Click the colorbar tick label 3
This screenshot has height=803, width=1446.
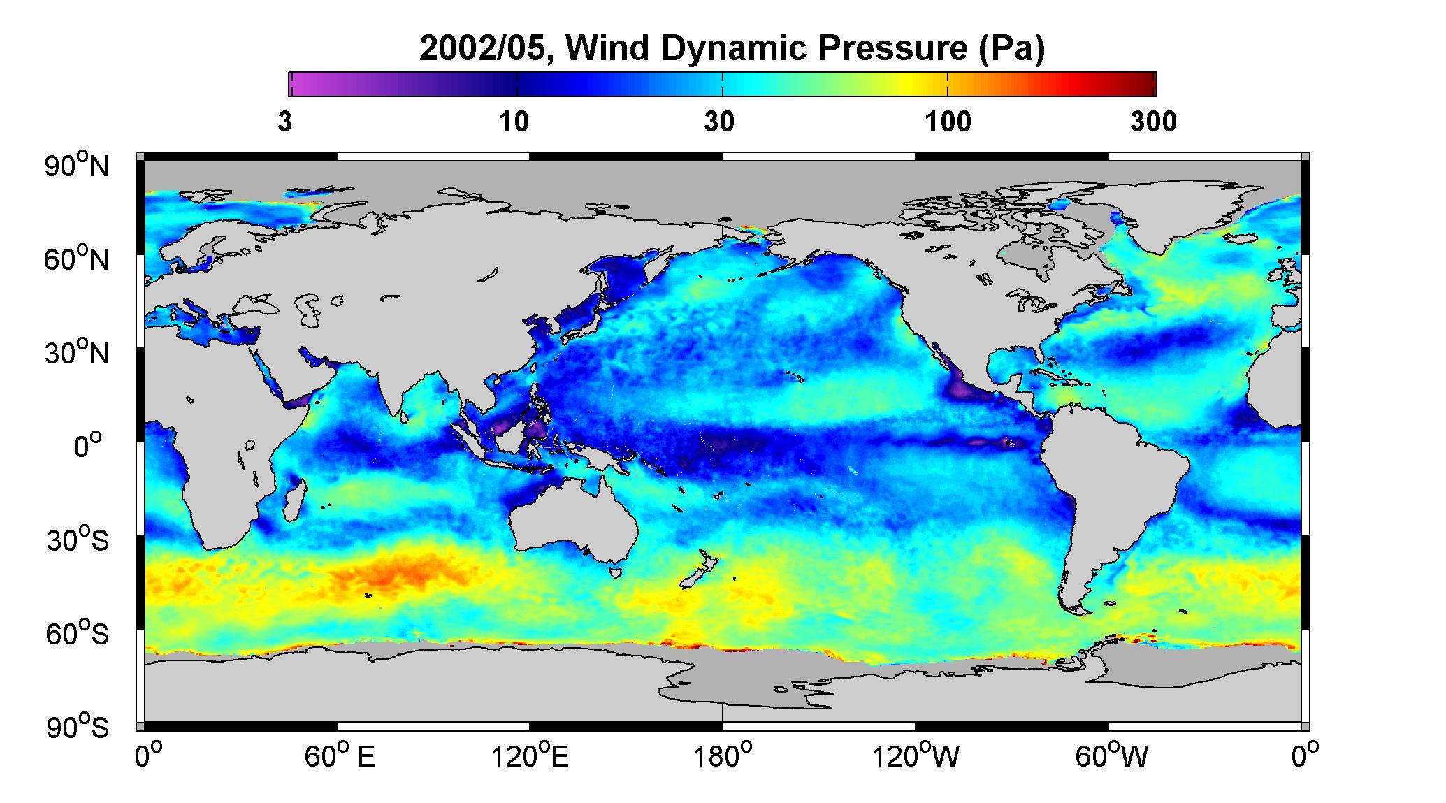(x=284, y=122)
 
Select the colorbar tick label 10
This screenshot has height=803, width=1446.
(x=514, y=122)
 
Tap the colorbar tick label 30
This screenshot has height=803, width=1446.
(x=720, y=122)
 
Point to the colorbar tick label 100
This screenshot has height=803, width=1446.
(x=948, y=122)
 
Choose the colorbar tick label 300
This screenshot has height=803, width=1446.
(x=1154, y=122)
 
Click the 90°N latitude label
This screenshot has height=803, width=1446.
(x=78, y=166)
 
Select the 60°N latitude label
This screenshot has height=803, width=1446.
(x=78, y=259)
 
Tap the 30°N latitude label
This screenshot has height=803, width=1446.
(x=78, y=353)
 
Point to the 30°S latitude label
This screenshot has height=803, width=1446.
(x=78, y=540)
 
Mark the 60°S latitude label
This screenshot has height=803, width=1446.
(x=78, y=634)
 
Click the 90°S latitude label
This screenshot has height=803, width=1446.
(x=78, y=728)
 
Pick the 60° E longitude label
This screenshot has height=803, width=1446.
(x=340, y=756)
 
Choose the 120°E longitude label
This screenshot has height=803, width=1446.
(x=530, y=756)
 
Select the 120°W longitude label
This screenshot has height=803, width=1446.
(x=916, y=756)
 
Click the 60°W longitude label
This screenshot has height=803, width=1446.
(x=1111, y=756)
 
